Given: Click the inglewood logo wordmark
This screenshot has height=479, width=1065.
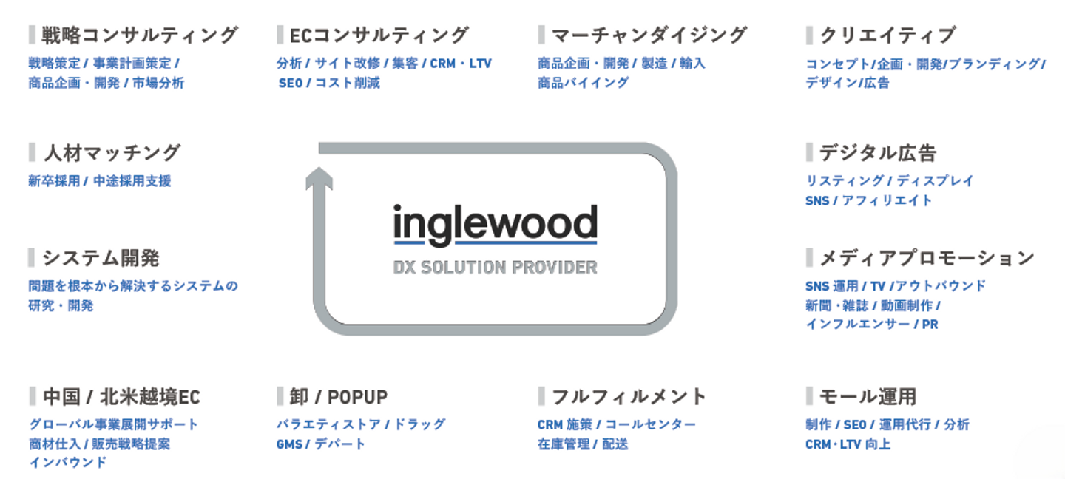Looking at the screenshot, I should click(x=495, y=224).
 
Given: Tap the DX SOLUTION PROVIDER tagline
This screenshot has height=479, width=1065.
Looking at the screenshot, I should click(x=495, y=267).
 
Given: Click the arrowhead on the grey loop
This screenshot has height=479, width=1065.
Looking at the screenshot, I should click(x=319, y=177).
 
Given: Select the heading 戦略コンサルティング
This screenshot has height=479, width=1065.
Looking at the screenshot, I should click(x=140, y=35).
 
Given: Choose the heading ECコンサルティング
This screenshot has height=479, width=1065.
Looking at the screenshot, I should click(x=379, y=35).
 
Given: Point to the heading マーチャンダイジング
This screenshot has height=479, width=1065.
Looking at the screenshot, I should click(x=649, y=35).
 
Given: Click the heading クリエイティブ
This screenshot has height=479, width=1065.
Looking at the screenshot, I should click(x=887, y=35).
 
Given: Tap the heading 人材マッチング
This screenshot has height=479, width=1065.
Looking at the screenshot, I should click(x=112, y=153).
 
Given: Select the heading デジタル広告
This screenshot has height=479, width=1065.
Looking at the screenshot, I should click(x=878, y=153).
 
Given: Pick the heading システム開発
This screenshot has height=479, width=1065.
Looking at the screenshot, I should click(x=101, y=258).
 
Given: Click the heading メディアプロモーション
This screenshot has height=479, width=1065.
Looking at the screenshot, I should click(x=927, y=258).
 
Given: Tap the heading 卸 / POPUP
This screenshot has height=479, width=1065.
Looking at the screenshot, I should click(x=339, y=397).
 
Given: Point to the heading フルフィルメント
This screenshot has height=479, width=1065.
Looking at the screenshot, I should click(x=629, y=397).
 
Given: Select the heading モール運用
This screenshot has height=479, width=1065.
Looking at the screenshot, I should click(x=868, y=397).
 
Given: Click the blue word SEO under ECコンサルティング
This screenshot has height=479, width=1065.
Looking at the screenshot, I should click(x=291, y=83).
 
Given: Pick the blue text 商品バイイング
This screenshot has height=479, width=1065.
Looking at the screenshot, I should click(x=583, y=83).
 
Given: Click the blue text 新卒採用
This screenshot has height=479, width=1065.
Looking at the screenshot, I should click(x=54, y=181).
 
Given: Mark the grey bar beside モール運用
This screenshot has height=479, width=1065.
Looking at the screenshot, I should click(x=810, y=396).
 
